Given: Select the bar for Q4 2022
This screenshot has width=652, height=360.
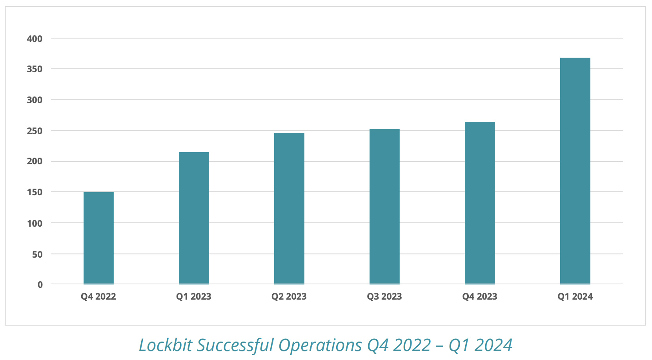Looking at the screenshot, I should coord(98,238).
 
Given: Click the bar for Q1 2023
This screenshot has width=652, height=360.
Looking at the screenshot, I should coord(194,218).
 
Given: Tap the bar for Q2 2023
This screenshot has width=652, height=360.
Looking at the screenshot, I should coord(289,209).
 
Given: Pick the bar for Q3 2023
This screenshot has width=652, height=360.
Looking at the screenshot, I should coord(384,207).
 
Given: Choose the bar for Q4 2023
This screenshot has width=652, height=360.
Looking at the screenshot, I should coord(480,203).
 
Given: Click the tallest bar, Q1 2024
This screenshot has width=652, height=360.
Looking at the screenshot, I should coord(575,171).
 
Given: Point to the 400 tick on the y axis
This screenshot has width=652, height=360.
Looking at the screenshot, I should coord(35,39).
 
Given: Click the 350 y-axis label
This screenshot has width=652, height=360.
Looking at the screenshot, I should coord(35,69).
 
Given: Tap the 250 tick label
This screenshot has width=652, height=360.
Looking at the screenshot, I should coord(35,131).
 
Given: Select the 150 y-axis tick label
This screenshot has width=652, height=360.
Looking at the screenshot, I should coord(35,192).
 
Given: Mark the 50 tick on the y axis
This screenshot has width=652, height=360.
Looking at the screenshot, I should coord(37,254).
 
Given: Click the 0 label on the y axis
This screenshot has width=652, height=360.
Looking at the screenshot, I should coord(40,285).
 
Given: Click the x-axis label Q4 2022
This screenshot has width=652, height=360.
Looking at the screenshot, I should coord(98,296).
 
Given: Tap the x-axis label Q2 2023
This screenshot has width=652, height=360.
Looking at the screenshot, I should coord(289,296).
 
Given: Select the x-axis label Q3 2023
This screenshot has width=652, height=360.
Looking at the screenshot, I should coord(384,296).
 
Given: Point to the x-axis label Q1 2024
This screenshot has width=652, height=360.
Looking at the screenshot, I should coord(575,296).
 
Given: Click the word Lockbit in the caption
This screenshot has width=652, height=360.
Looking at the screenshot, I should coord(166,345).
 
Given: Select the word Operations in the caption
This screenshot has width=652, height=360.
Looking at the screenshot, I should coord(320,345).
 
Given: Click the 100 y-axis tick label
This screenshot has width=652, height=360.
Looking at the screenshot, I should coord(35,223).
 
